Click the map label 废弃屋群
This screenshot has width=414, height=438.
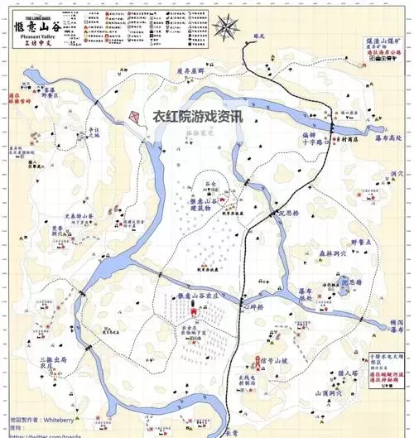point(190,72)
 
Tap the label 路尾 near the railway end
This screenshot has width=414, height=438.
point(260,38)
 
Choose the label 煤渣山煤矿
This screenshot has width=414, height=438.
point(383,39)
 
